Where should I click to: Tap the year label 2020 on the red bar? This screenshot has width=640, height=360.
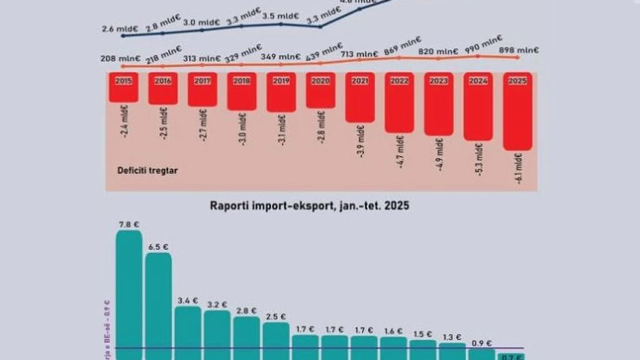click(320, 80)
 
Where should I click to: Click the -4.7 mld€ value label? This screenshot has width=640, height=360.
click(401, 152)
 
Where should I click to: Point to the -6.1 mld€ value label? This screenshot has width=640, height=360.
click(519, 170)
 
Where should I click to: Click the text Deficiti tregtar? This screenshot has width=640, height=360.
click(147, 169)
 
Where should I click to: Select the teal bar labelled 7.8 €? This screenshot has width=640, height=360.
click(129, 294)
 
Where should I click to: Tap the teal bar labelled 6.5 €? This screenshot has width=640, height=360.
click(158, 306)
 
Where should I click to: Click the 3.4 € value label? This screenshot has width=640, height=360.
click(187, 300)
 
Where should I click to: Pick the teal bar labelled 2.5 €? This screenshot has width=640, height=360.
click(276, 341)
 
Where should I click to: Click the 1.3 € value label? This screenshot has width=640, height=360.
click(452, 337)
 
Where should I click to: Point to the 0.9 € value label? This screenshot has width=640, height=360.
click(481, 342)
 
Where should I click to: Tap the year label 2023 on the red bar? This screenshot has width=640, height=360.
click(439, 80)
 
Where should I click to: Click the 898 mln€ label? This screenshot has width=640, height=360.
click(517, 51)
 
